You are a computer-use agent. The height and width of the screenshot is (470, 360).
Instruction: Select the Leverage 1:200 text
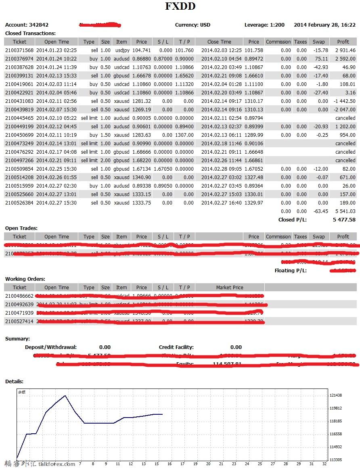click(x=264, y=25)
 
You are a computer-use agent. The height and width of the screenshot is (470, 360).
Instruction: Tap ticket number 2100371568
click(x=19, y=50)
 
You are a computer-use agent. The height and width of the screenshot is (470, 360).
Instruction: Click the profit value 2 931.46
click(x=343, y=50)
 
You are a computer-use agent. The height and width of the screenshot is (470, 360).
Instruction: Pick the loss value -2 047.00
click(x=343, y=110)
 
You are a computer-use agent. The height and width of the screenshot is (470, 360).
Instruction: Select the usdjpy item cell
click(x=121, y=50)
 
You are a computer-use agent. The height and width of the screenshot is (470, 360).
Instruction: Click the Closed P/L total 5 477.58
click(x=344, y=220)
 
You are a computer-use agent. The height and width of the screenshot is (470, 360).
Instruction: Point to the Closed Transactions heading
click(x=30, y=33)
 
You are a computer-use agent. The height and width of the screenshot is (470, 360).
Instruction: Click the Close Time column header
click(x=219, y=42)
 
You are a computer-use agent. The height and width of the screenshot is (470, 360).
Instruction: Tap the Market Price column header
click(x=230, y=288)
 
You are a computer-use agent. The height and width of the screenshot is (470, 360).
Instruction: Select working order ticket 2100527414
click(x=19, y=322)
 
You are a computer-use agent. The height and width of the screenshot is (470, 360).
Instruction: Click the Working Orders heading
click(x=25, y=279)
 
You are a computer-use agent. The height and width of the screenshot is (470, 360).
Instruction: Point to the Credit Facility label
click(x=176, y=347)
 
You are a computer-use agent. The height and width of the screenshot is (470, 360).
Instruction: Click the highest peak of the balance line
click(x=65, y=396)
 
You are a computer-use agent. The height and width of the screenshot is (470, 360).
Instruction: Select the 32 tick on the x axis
click(x=324, y=464)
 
